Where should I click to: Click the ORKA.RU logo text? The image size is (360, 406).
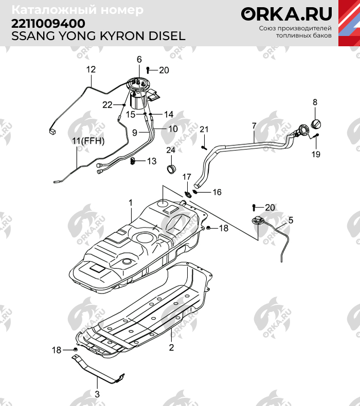286,14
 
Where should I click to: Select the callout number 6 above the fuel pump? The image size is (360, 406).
139,60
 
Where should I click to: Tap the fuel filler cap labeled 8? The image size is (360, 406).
317,124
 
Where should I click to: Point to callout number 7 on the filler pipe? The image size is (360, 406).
254,125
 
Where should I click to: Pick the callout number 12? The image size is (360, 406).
91,70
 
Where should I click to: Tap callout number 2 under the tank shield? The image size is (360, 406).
171,347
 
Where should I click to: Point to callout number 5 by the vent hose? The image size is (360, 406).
291,220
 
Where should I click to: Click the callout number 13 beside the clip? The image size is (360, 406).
151,161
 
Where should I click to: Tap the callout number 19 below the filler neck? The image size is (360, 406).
316,154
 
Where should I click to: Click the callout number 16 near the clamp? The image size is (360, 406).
217,192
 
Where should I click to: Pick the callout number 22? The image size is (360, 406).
107,104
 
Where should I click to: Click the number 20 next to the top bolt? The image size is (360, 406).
164,70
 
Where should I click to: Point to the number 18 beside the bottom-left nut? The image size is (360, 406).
57,350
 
